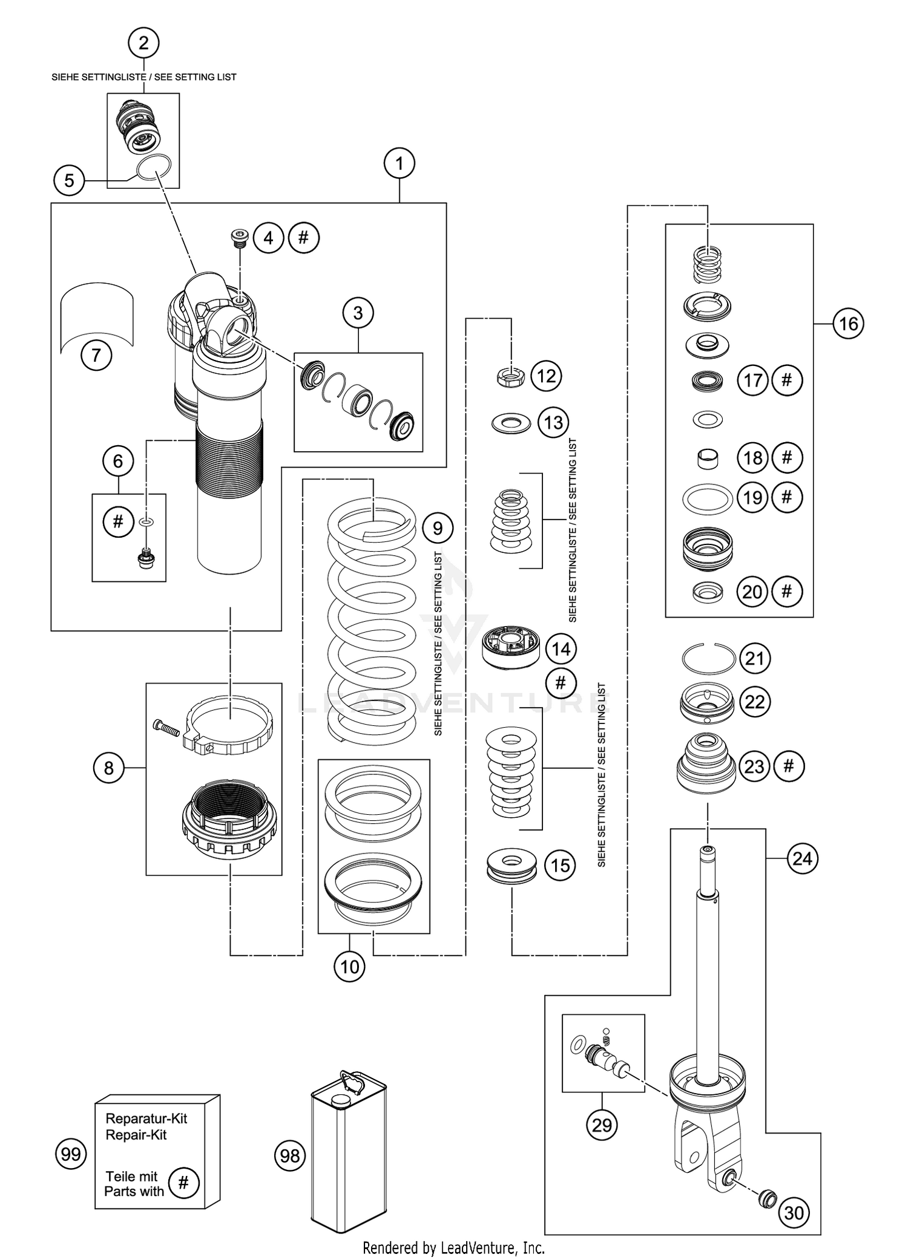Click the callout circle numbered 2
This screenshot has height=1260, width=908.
tap(143, 43)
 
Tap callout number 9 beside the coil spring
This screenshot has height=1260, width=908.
tap(437, 529)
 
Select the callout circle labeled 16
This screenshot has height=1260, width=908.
tap(848, 324)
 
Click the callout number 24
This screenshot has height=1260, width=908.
tap(802, 858)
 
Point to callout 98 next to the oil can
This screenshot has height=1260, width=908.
tap(290, 1156)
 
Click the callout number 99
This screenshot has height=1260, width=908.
tap(71, 1154)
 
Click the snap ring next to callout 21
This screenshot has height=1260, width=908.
tap(708, 658)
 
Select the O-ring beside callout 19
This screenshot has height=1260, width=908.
tap(707, 498)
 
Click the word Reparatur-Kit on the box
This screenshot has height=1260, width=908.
tap(146, 1118)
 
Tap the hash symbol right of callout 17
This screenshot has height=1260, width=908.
tap(787, 380)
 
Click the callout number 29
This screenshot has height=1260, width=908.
tap(602, 1125)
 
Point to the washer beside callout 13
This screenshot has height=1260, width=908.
tap(511, 423)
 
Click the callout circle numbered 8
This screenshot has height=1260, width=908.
tap(108, 768)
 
